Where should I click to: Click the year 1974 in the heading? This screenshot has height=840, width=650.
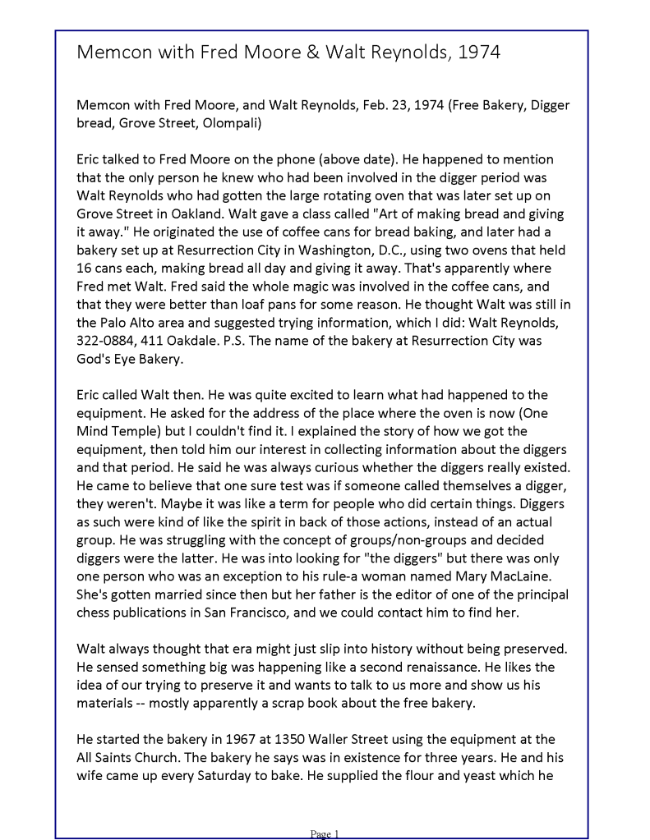point(477,53)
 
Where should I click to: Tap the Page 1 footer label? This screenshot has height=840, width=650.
point(325,834)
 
